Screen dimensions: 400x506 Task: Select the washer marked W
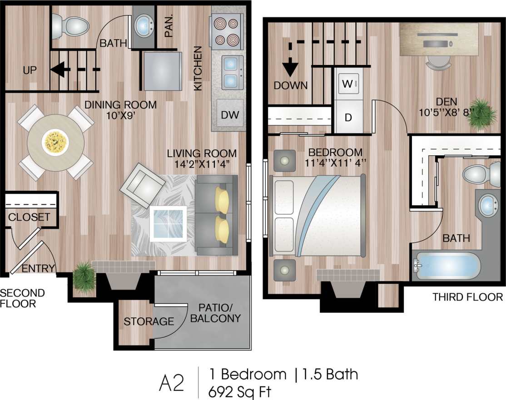click(x=348, y=84)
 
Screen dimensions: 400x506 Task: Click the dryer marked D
click(x=348, y=118)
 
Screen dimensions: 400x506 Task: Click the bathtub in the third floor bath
click(x=447, y=266)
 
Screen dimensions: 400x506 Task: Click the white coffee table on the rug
click(x=169, y=223)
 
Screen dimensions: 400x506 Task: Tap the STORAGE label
click(x=149, y=321)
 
